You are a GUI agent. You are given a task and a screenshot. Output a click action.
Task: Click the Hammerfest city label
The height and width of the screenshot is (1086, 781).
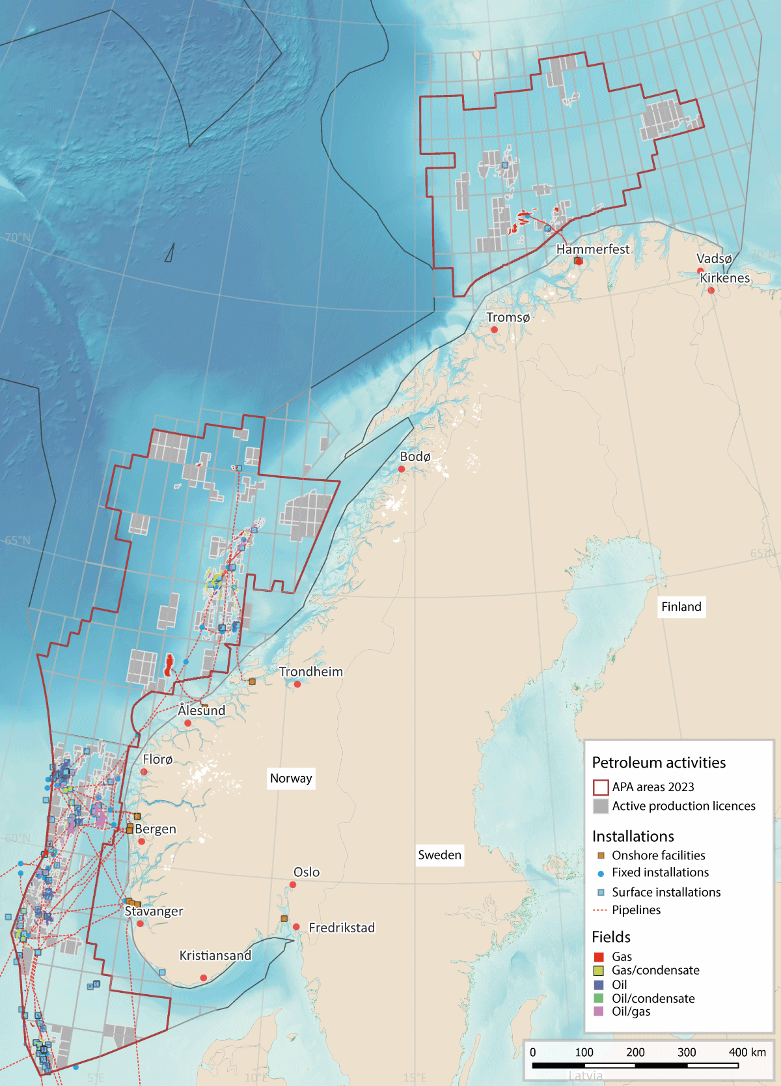(x=593, y=249)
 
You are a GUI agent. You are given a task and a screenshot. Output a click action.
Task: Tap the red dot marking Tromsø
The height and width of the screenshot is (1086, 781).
(x=494, y=330)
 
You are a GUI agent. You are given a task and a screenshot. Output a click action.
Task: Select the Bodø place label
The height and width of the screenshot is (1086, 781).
(x=415, y=456)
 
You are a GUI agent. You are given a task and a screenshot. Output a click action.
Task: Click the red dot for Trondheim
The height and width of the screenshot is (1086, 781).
(x=297, y=684)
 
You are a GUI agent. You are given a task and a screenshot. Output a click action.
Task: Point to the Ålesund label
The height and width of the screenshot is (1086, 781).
(x=202, y=710)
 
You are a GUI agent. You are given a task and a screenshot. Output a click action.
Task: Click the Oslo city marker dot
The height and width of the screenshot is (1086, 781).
(x=293, y=885)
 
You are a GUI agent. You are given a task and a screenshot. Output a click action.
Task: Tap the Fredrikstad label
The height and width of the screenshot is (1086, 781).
(x=342, y=928)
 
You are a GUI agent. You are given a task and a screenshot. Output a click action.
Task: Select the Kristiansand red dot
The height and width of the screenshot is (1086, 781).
(x=204, y=978)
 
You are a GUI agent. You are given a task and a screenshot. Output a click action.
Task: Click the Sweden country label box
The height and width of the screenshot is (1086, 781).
(x=439, y=855)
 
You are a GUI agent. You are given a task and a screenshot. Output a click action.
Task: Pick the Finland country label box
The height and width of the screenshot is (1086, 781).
(x=681, y=607)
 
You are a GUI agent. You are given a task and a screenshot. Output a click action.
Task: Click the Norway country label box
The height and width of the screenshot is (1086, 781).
(x=291, y=778)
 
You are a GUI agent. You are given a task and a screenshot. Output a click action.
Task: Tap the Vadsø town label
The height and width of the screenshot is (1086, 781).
(x=714, y=258)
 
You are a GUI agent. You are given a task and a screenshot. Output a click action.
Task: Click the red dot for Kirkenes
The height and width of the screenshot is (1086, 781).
(x=711, y=290)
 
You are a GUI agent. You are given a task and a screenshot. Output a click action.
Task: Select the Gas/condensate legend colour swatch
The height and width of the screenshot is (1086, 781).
(x=599, y=971)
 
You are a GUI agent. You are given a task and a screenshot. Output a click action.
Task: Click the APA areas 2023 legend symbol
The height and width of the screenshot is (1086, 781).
(x=600, y=787)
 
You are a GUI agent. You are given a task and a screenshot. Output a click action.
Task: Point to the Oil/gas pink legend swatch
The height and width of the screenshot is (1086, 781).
(x=599, y=1012)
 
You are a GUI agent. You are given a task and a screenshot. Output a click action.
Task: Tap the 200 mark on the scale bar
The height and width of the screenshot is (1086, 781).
(x=635, y=1052)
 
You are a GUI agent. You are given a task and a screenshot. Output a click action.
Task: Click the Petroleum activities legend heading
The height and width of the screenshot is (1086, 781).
(x=659, y=762)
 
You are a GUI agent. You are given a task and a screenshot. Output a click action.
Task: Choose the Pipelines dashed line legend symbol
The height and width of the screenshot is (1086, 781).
(x=600, y=910)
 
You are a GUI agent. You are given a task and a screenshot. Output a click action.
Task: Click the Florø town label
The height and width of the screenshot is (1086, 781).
(x=158, y=759)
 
